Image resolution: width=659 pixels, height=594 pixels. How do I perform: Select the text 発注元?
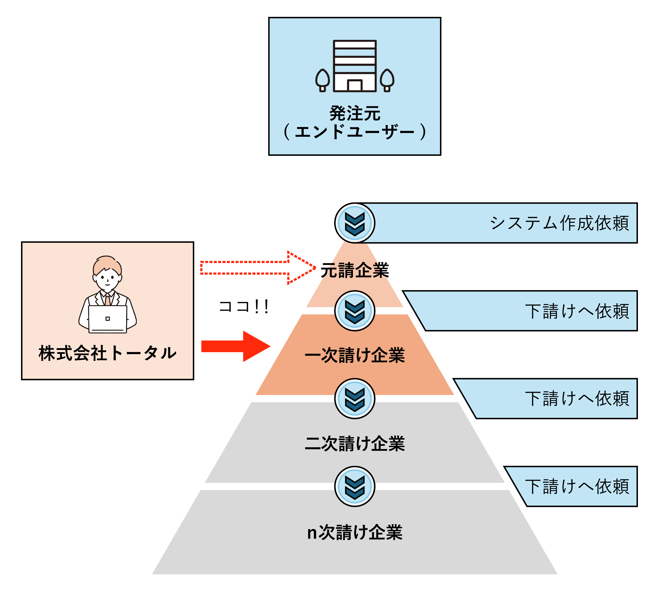[x=355, y=113]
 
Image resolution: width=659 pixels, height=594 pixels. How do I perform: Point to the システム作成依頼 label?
[x=559, y=223]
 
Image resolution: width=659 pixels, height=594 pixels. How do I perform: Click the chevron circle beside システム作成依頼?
[x=355, y=223]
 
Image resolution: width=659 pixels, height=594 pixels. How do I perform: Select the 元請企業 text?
[x=355, y=270]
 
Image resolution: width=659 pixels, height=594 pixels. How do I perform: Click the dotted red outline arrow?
[x=258, y=268]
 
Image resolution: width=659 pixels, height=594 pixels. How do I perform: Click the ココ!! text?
[x=243, y=307]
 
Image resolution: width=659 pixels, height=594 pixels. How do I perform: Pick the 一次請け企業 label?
[x=355, y=355]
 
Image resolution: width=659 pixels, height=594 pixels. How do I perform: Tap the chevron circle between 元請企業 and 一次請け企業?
[x=355, y=311]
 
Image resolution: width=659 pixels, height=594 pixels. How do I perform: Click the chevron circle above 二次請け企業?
[x=355, y=398]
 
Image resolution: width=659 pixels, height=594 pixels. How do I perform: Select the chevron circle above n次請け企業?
[x=355, y=486]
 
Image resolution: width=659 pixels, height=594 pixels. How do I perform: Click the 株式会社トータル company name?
[x=107, y=353]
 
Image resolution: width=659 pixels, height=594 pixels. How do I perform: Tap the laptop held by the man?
[x=107, y=319]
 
